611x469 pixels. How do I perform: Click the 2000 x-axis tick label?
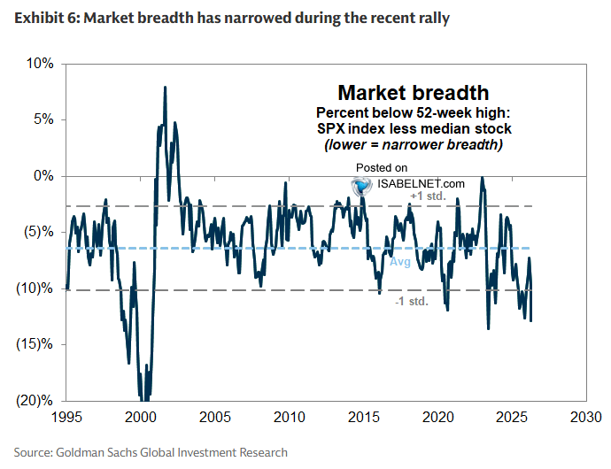coord(141,417)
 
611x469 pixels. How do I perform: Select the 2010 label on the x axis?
coord(288,417)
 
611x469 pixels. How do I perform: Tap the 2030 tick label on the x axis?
coord(584,417)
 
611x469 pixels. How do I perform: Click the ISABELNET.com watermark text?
coord(419,183)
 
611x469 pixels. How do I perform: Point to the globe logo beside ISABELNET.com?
coord(360,185)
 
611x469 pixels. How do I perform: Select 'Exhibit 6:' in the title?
coord(44,18)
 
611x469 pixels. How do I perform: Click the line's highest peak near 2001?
coord(165,87)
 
